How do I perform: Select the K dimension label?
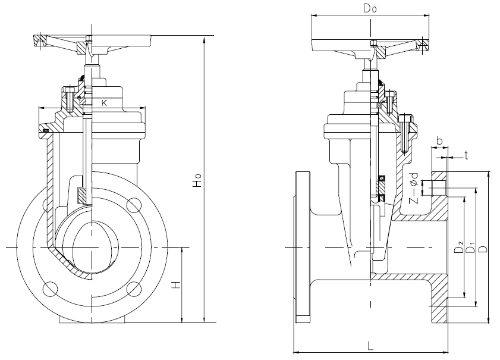[105, 103]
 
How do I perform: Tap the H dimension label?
[175, 286]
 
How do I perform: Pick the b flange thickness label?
[439, 140]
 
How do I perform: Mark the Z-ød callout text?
[414, 187]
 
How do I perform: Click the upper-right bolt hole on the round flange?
[134, 205]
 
